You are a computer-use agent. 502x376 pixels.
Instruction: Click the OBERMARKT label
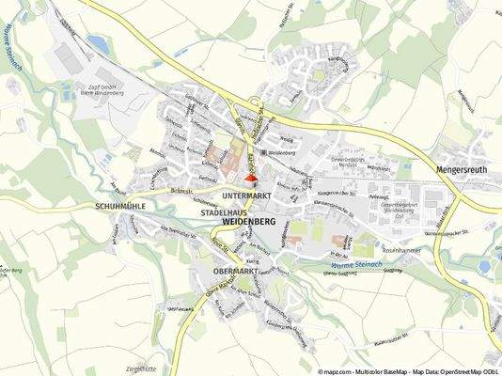(x=236, y=271)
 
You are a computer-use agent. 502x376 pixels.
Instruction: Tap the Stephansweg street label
(x=179, y=307)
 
